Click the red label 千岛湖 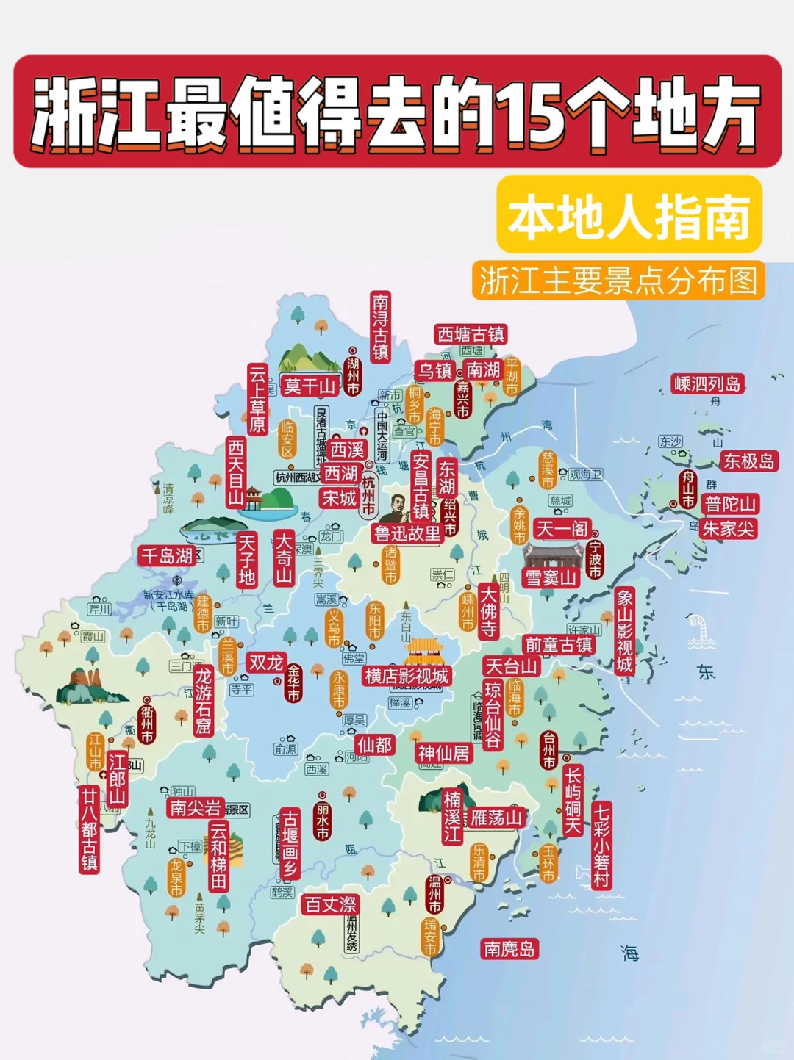point(167,556)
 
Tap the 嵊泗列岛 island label point(707,384)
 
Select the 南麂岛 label point(509,948)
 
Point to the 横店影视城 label point(407,676)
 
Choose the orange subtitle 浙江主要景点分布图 point(618,280)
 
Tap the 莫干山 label point(309,386)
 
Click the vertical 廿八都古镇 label point(90,829)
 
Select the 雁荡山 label point(496,818)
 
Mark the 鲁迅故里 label point(407,533)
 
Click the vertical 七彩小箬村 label point(601,846)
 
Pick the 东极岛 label point(748,461)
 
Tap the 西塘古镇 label point(471,334)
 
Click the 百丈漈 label point(330,904)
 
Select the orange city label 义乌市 point(335,628)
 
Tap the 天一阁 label point(562,529)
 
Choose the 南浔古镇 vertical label point(380,327)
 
